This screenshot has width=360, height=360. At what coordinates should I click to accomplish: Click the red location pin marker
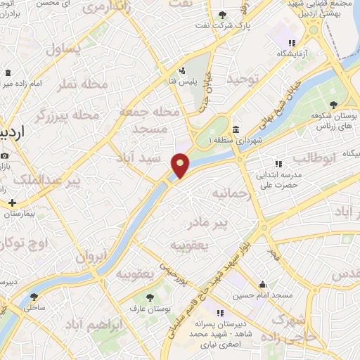181,165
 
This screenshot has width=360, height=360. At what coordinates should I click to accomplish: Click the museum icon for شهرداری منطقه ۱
234,129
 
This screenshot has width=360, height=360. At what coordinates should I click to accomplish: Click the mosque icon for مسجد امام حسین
263,284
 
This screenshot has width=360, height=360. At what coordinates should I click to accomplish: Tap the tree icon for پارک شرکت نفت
223,15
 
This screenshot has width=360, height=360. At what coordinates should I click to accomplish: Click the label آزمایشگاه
292,53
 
